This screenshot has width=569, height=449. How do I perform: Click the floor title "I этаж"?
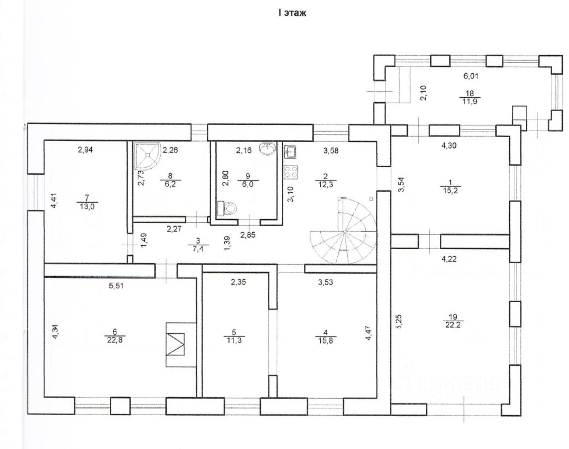point(292,13)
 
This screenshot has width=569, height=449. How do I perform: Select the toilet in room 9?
point(226,209)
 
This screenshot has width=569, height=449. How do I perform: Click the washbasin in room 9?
point(268,148)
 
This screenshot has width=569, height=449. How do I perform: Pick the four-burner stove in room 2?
point(291,172)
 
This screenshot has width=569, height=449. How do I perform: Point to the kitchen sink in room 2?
point(290,152)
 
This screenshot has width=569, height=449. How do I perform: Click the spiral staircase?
point(343,232)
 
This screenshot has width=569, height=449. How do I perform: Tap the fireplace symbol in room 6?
point(175,344)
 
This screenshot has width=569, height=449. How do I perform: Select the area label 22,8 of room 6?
point(115,340)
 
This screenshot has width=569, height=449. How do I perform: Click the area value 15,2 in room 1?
point(450,190)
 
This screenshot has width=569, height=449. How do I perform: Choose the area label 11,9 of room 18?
point(470,101)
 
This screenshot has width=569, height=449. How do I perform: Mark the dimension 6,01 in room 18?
point(471,76)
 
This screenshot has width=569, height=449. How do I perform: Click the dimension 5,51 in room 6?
point(116,286)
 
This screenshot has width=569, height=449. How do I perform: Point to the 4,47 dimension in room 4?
point(369,333)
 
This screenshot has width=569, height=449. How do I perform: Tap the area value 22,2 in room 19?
point(453,324)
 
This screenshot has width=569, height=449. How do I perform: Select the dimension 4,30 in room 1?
point(449,145)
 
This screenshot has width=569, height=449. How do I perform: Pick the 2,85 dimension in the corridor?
point(248,235)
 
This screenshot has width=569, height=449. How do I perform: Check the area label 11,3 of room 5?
point(234,340)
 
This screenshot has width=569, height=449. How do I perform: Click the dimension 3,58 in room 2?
point(331,150)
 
